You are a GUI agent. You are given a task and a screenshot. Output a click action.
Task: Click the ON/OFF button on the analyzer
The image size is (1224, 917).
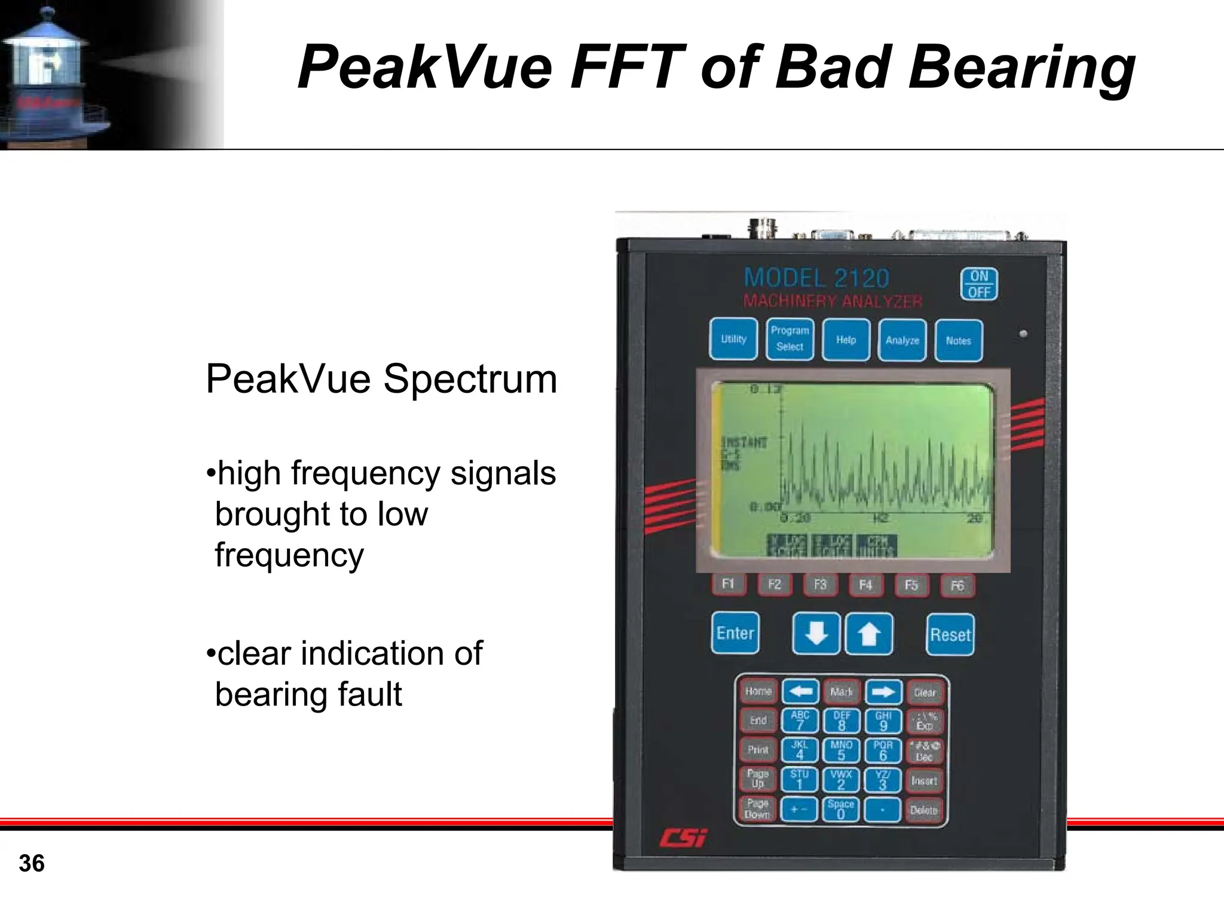[979, 284]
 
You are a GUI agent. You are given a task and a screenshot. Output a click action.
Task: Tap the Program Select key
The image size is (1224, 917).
[790, 339]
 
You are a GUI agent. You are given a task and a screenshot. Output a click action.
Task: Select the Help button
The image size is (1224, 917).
[846, 340]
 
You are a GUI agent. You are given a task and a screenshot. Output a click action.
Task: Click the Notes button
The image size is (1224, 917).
[958, 341]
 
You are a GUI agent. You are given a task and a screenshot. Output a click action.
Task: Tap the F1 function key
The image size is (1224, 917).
[728, 584]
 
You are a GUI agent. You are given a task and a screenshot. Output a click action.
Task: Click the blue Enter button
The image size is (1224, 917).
[735, 634]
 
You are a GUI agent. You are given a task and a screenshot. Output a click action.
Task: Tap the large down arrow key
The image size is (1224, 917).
[816, 634]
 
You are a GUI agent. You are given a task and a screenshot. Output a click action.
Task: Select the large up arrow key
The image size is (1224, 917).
[869, 634]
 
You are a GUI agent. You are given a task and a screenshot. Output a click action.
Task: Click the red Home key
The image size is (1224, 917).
[758, 692]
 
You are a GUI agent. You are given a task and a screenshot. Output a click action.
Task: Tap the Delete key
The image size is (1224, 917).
[924, 811]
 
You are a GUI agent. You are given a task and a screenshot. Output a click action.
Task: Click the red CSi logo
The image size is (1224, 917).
[683, 838]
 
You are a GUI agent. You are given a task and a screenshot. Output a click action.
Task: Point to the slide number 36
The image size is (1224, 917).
[32, 863]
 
